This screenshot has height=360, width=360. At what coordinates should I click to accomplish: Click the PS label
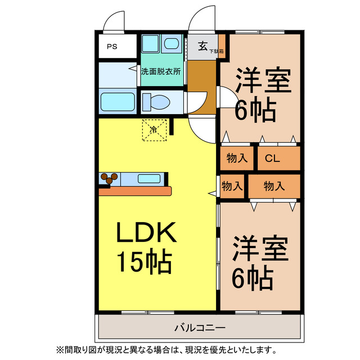112,47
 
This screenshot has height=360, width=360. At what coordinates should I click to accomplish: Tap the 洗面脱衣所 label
161,72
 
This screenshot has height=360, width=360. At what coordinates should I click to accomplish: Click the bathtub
117,102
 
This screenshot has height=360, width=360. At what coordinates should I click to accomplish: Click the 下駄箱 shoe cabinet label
217,52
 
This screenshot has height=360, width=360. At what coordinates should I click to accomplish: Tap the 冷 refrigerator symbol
154,129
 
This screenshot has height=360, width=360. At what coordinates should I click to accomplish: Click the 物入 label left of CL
237,158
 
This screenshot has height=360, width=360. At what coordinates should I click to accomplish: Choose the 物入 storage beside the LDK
232,185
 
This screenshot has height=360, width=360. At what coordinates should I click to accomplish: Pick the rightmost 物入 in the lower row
274,185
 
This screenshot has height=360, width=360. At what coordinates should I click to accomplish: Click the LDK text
147,232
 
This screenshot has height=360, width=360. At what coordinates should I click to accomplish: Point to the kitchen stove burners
109,179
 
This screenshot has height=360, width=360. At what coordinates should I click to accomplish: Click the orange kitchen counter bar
135,191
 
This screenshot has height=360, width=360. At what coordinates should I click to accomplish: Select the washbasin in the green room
171,43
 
